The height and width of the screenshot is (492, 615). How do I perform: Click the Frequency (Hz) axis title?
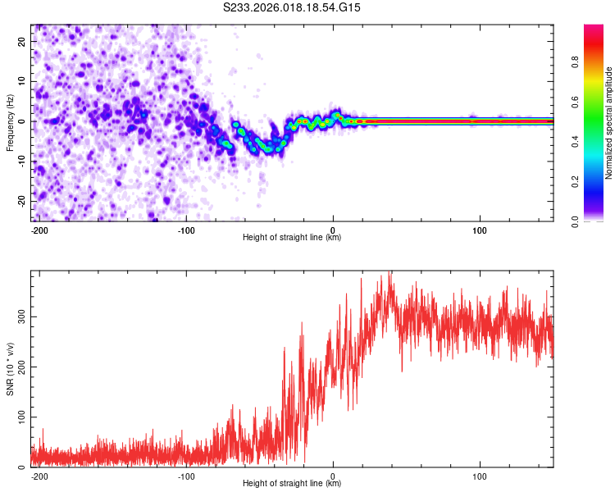tap(10, 122)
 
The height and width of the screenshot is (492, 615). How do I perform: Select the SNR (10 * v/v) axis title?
tap(10, 368)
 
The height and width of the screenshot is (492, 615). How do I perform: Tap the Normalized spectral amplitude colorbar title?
tap(609, 122)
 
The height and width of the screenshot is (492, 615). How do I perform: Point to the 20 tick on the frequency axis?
tap(22, 41)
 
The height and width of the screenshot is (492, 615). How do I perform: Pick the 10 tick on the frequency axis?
tap(22, 81)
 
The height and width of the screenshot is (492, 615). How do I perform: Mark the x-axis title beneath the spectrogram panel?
tap(292, 238)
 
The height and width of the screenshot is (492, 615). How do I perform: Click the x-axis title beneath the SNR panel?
tap(292, 484)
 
